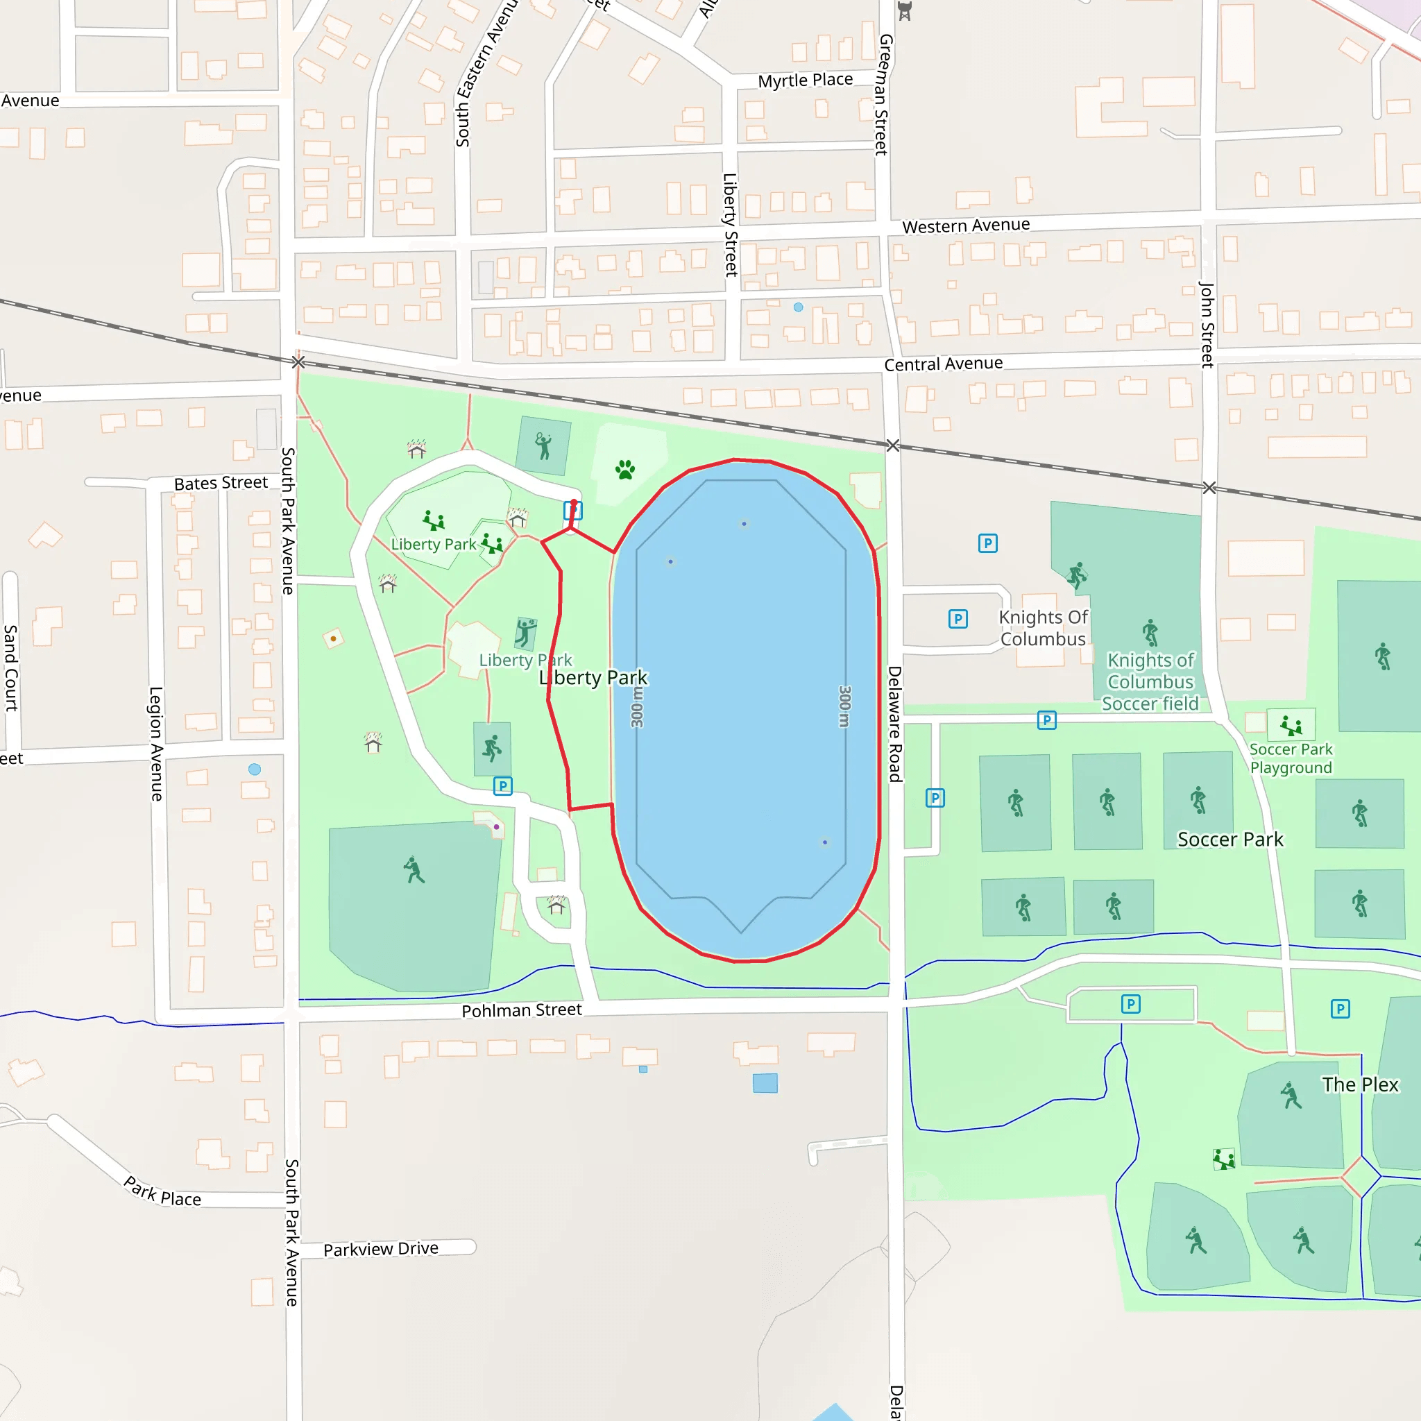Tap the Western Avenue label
pos(966,226)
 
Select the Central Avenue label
pos(943,364)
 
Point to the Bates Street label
pos(221,483)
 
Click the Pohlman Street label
pos(522,1010)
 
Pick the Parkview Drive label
pos(380,1249)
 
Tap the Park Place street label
pos(162,1192)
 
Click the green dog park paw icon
pos(625,469)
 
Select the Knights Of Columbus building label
pos(1042,628)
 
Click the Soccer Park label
pos(1229,840)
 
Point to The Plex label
pos(1360,1085)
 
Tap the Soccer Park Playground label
pos(1291,758)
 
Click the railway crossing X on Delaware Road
pos(893,445)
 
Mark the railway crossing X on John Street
pos(1209,488)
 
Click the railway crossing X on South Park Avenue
pos(298,362)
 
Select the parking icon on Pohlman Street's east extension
pos(1130,1004)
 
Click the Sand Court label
pos(11,668)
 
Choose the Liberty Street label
pos(731,224)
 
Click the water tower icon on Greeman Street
pos(905,11)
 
